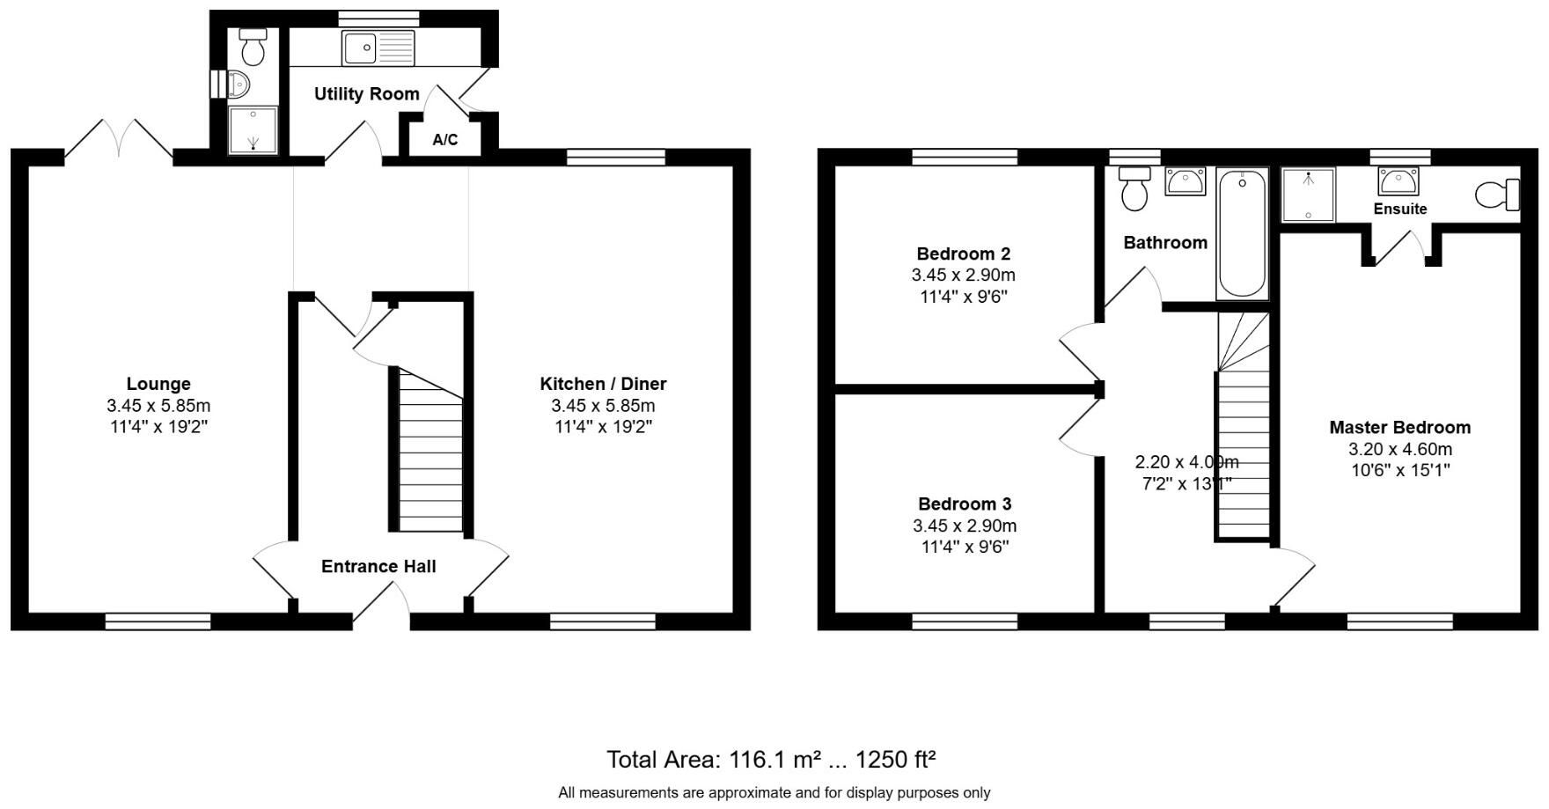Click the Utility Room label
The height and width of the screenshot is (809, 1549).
(366, 94)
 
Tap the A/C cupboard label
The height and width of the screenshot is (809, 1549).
(445, 140)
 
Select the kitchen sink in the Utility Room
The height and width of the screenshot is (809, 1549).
(378, 48)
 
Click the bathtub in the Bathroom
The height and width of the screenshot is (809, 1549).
(1242, 233)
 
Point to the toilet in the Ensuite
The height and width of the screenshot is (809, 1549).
(1496, 195)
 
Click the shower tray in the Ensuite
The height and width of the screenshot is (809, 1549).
(1308, 195)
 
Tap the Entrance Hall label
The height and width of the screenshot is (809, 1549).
(378, 567)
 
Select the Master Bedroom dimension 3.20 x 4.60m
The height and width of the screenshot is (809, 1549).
(1399, 449)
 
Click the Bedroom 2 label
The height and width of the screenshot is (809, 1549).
(963, 254)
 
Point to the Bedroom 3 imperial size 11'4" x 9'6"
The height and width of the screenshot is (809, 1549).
(964, 547)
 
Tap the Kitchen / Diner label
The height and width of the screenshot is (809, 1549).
(603, 384)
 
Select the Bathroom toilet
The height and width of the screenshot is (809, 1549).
(1134, 190)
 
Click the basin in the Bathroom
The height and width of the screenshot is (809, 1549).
(1185, 182)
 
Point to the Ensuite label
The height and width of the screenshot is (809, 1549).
(1399, 210)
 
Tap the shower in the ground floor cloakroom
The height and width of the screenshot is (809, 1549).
(253, 130)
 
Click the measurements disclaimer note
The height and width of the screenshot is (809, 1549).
(774, 793)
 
